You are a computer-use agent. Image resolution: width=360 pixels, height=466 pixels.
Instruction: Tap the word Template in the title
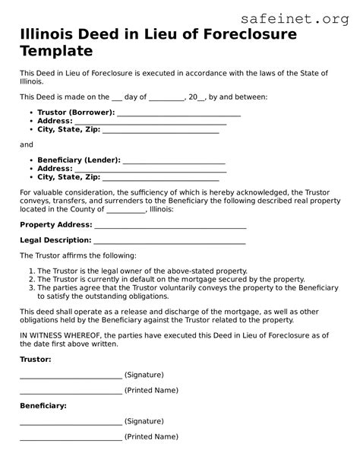(x=56, y=52)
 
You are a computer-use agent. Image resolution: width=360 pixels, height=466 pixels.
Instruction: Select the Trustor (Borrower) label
(x=76, y=112)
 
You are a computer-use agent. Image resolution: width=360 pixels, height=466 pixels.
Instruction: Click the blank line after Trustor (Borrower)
(x=179, y=113)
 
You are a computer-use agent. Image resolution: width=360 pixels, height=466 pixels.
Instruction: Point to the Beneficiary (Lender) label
(x=78, y=160)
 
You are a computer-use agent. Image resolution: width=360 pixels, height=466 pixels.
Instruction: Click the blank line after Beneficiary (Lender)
(x=174, y=161)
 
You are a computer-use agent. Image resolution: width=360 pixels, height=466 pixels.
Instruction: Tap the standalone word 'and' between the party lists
(x=27, y=144)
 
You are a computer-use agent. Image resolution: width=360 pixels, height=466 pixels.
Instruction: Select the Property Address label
(x=55, y=224)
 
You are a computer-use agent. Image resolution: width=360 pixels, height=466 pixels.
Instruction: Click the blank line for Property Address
(x=170, y=226)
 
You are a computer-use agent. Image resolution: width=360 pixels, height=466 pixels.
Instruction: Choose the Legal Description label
(x=55, y=240)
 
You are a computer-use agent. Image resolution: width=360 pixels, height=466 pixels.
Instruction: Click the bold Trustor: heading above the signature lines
(x=36, y=358)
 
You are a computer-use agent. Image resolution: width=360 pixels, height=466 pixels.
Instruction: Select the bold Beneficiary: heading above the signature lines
(x=43, y=405)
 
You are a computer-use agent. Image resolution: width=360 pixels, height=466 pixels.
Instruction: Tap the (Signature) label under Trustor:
(x=144, y=375)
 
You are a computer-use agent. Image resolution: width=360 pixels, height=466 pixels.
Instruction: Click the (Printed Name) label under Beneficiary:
(x=152, y=437)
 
